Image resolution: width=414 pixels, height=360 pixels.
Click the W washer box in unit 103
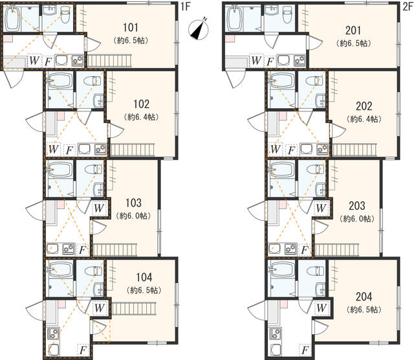point(98,208)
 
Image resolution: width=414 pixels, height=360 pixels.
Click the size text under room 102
point(142,117)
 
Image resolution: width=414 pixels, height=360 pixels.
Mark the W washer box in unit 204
point(320,308)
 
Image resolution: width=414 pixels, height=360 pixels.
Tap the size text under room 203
point(356,218)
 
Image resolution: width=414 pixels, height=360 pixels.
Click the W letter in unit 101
point(34,62)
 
